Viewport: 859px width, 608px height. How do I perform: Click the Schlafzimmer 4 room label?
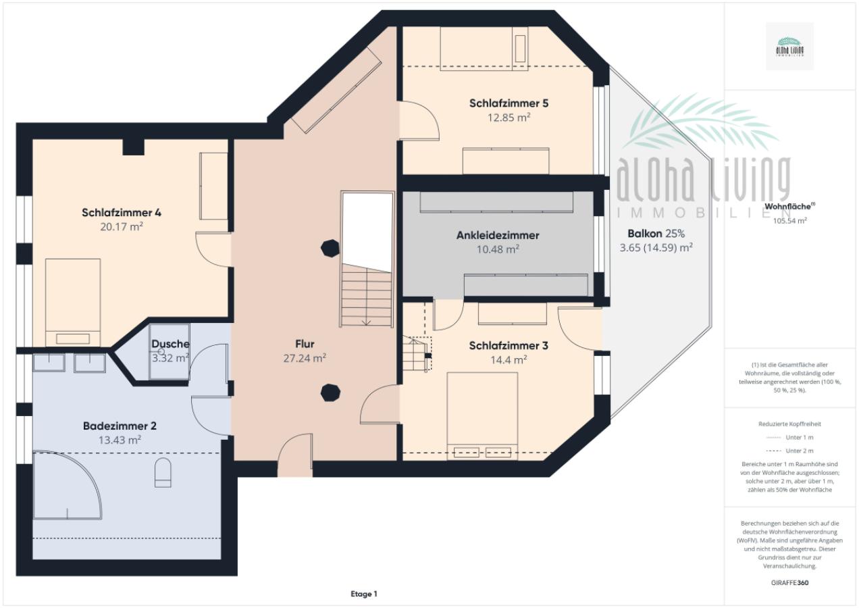122,213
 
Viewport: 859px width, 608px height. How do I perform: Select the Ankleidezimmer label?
498,236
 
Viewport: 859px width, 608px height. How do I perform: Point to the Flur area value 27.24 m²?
305,358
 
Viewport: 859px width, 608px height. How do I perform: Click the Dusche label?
170,344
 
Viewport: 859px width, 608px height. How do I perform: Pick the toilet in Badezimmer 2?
163,472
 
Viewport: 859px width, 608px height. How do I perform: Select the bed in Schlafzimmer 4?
73,301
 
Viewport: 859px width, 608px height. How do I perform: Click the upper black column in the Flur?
330,248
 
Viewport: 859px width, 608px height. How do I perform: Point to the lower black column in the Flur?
330,392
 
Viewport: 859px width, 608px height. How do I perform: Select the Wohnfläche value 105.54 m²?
789,220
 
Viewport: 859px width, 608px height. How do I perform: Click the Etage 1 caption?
363,594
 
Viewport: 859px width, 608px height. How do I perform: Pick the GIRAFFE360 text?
789,582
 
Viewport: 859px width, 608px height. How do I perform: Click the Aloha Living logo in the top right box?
789,46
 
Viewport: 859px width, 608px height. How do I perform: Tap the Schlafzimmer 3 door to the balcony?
579,328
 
